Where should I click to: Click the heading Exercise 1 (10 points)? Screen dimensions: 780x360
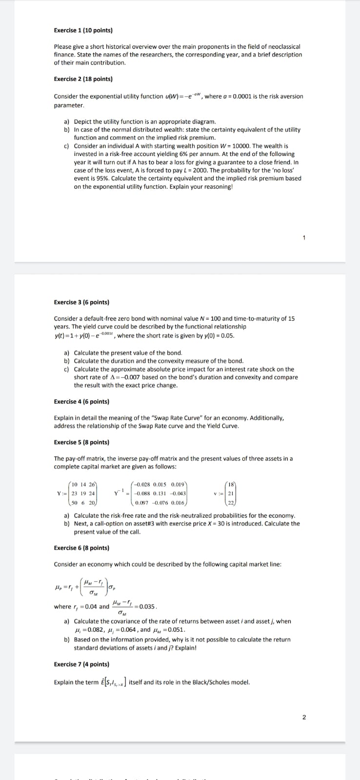(x=83, y=30)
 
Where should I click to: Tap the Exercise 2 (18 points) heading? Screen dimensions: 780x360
(x=83, y=79)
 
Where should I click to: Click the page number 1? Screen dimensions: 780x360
(x=304, y=238)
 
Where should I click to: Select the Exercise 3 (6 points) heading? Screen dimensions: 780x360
(x=81, y=302)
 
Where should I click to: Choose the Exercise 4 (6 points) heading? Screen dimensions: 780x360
(x=81, y=402)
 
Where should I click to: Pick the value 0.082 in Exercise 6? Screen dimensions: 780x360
(x=93, y=629)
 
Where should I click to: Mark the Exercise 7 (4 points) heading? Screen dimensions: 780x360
(x=81, y=664)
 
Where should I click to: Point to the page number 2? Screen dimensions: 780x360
(x=304, y=717)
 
